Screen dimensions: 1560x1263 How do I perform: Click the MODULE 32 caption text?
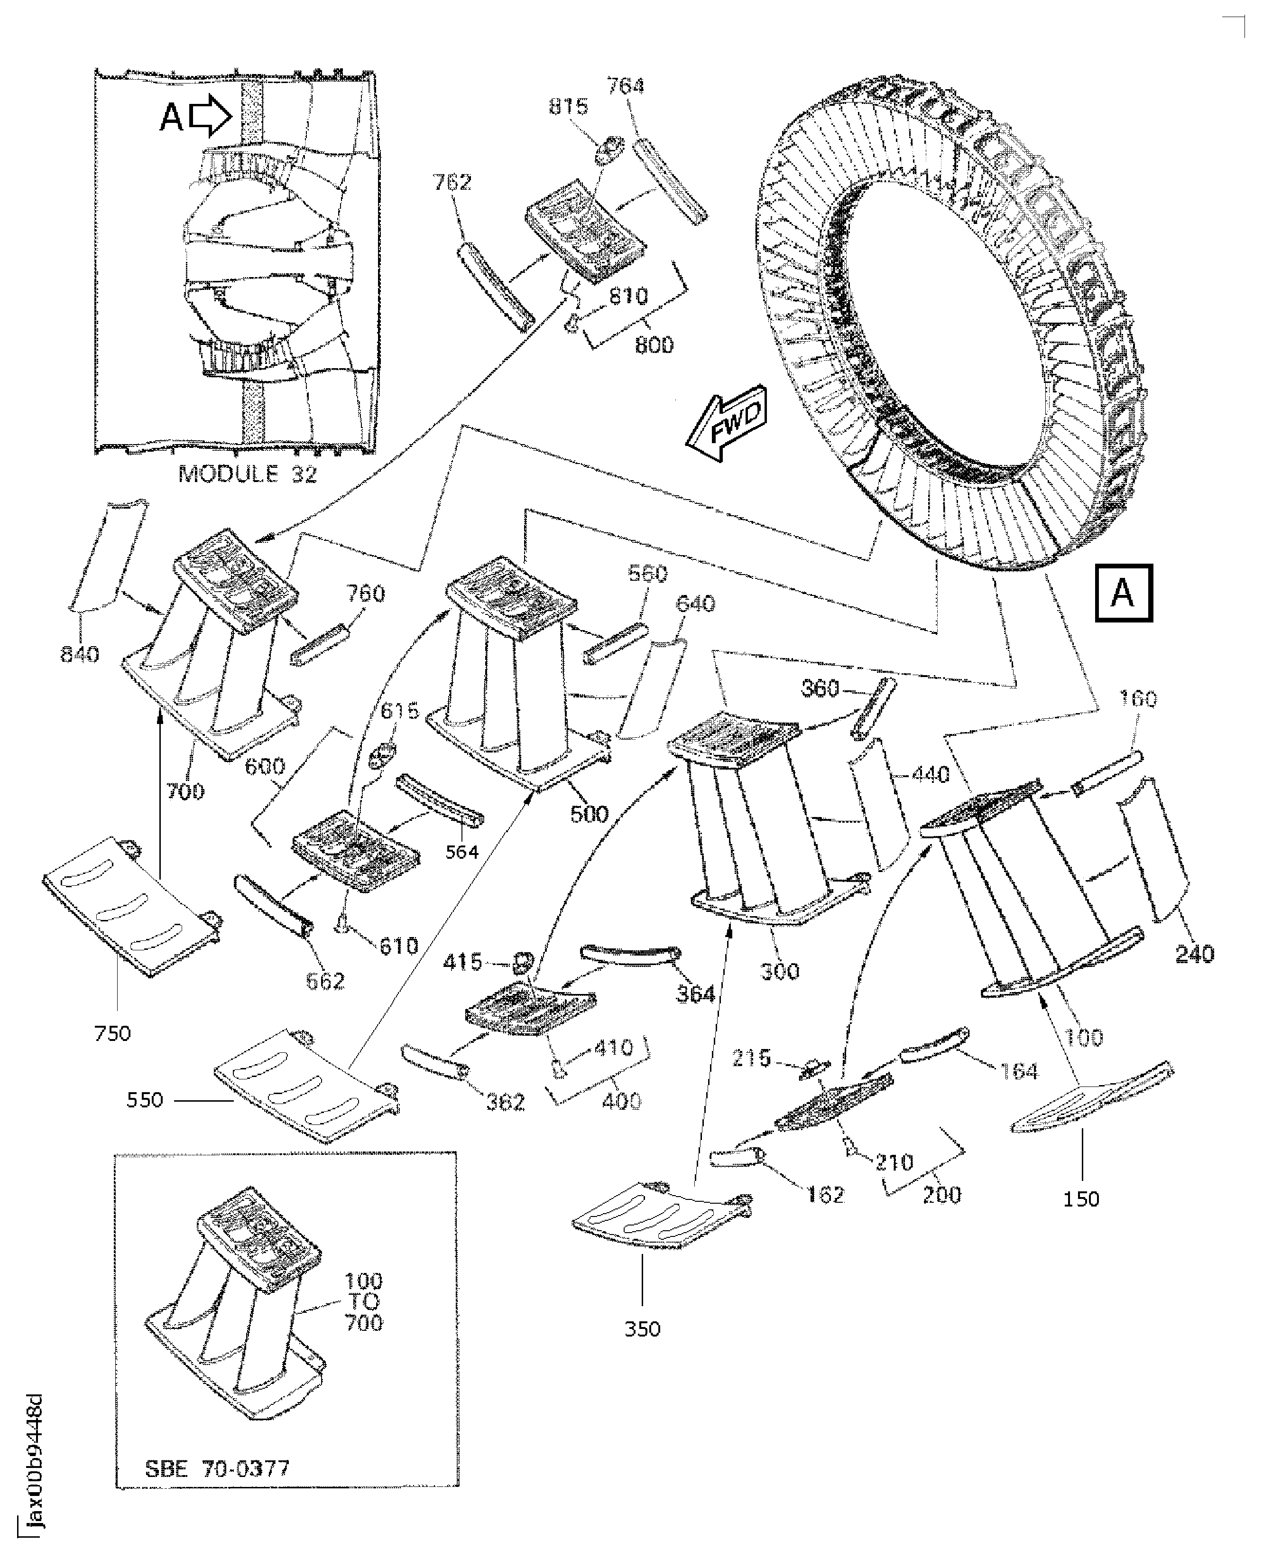click(x=248, y=474)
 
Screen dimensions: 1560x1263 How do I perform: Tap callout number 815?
click(x=568, y=107)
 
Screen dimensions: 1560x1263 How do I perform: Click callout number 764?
click(x=626, y=86)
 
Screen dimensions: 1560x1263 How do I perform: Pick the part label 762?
click(x=452, y=182)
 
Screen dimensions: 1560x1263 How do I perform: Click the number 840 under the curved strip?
click(x=79, y=655)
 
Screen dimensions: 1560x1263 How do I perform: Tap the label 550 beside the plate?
click(x=145, y=1099)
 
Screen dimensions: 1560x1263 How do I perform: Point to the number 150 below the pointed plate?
click(x=1081, y=1198)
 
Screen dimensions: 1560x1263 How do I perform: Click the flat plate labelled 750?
click(x=131, y=906)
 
